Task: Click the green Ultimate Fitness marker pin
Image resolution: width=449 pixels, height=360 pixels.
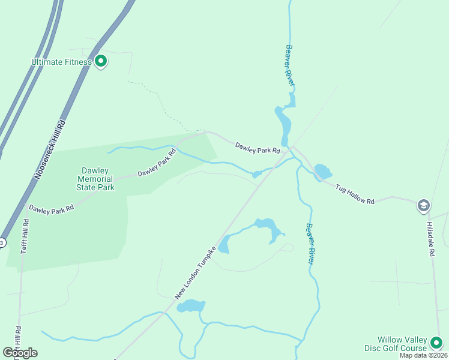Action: pos(101,61)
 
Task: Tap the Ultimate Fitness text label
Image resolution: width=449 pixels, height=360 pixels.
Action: pos(62,62)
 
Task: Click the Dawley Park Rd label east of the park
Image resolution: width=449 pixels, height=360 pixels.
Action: pos(258,148)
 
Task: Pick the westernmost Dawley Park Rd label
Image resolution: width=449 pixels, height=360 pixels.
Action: pos(51,208)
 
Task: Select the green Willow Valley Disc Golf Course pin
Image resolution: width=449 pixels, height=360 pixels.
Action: pos(436,343)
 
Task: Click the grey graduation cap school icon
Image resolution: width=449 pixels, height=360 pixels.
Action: pos(423,206)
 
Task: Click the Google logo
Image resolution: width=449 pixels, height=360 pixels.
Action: pos(20,352)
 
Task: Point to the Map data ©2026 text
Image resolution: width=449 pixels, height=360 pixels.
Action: pos(423,355)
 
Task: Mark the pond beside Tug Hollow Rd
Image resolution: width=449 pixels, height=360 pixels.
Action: pos(322,172)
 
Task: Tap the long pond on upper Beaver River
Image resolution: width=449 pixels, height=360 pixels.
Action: pos(283,123)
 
